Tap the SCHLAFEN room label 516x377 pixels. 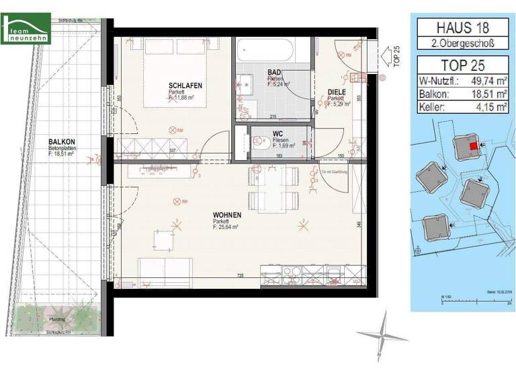185,86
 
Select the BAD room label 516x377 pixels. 274,72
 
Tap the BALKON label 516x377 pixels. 61,141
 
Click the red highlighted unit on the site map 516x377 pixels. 473,145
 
